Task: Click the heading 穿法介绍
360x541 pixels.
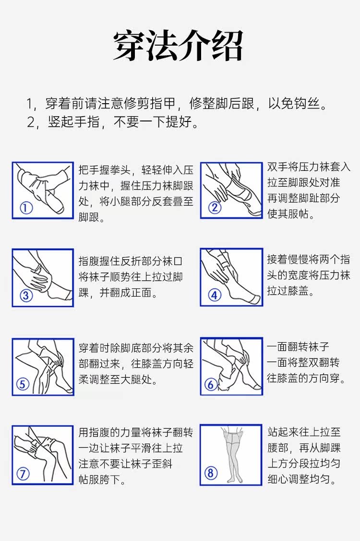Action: pyautogui.click(x=179, y=46)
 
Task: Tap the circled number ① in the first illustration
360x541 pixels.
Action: pyautogui.click(x=26, y=208)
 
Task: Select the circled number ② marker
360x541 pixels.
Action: pyautogui.click(x=215, y=207)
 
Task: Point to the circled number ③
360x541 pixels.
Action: pyautogui.click(x=26, y=295)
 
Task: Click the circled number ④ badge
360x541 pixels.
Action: pyautogui.click(x=215, y=295)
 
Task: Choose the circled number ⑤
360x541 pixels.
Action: pyautogui.click(x=23, y=384)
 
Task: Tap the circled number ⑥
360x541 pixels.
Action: pyautogui.click(x=211, y=384)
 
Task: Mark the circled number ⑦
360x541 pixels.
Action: pyautogui.click(x=23, y=473)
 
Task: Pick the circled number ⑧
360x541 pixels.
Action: pyautogui.click(x=211, y=473)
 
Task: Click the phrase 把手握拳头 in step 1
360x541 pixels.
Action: pyautogui.click(x=104, y=170)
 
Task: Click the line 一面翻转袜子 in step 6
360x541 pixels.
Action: pyautogui.click(x=298, y=347)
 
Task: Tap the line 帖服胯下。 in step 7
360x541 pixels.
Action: pyautogui.click(x=102, y=479)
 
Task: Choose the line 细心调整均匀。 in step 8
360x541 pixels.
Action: pyautogui.click(x=302, y=479)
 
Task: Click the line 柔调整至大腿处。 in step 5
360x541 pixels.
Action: pyautogui.click(x=119, y=380)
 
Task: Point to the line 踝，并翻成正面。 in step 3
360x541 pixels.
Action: pyautogui.click(x=119, y=293)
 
